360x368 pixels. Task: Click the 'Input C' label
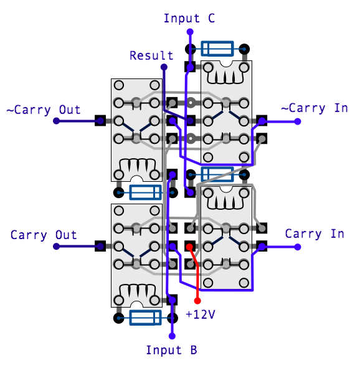(x=189, y=18)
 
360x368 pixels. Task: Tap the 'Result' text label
(x=151, y=55)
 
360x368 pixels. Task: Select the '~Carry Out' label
(x=44, y=110)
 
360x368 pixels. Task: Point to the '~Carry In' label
(x=315, y=108)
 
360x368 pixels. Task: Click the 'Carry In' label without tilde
(x=315, y=234)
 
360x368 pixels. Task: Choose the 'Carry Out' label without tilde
(x=44, y=235)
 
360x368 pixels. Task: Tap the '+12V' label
(x=201, y=314)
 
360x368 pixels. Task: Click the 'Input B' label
(x=171, y=350)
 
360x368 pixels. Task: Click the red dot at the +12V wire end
(x=197, y=301)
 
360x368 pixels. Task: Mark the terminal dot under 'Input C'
(x=190, y=32)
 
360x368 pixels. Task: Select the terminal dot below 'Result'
(x=164, y=67)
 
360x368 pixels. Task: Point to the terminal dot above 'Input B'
(x=173, y=336)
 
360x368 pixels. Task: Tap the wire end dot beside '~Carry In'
(x=298, y=121)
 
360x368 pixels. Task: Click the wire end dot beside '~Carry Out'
(x=56, y=121)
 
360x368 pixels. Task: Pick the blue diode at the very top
(x=217, y=49)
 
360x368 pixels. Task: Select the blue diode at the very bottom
(x=146, y=318)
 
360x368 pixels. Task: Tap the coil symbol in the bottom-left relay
(x=137, y=292)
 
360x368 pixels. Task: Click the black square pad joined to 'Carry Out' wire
(x=100, y=246)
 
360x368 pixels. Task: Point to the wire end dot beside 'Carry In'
(x=298, y=247)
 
